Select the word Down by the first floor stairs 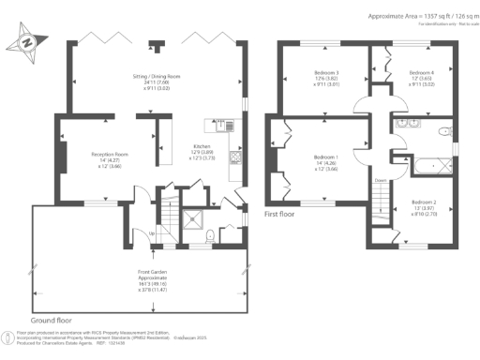pos(381,181)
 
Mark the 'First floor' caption pos(285,214)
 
